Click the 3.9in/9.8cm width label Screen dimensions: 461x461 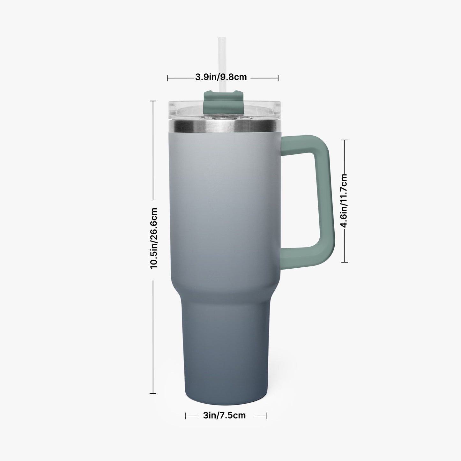[x=221, y=77]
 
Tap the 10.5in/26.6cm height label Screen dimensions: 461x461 [x=154, y=239]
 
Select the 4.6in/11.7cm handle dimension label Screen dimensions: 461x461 [x=344, y=201]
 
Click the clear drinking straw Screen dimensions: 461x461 [x=222, y=63]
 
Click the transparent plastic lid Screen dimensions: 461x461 [x=224, y=110]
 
